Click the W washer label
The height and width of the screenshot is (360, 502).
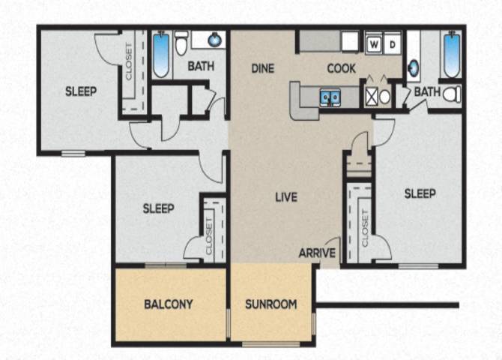coord(373,44)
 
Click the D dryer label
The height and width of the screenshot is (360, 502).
coord(393,44)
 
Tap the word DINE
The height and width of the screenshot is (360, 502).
coord(263,68)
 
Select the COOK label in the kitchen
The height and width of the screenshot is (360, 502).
coord(341,68)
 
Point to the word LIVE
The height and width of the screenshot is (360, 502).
coord(286,197)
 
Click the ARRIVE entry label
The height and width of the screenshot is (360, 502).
coord(317,253)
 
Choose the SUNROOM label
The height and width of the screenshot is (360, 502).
coord(270,304)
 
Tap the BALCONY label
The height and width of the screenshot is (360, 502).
coord(169,304)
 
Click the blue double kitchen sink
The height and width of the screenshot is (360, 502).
coord(330,97)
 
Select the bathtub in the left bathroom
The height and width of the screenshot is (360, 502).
coord(161,55)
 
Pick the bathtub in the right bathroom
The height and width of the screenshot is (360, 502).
coord(452,55)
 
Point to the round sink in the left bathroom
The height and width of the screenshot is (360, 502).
coord(214,40)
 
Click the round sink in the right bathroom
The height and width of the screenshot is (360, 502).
coord(414,68)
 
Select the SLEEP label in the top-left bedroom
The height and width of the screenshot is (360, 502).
coord(81,91)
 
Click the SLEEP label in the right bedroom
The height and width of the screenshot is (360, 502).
coord(420,193)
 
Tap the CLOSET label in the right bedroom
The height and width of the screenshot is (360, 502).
coord(365,228)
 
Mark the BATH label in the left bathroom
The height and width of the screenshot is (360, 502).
coord(201,66)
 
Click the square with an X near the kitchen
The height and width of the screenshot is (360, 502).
coord(372,97)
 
